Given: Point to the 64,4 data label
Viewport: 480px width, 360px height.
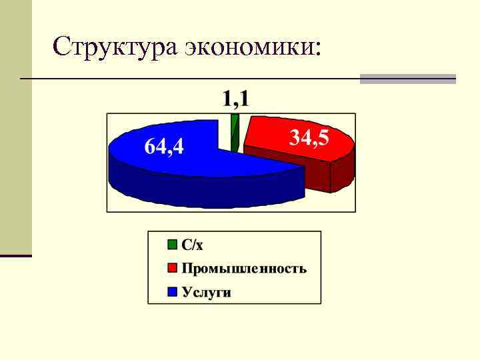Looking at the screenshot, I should tap(165, 146).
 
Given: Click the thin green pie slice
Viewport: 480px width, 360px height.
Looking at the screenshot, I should tap(234, 130).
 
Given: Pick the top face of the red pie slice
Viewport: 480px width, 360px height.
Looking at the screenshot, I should tap(280, 140).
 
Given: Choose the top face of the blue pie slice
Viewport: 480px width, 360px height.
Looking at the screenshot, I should tap(193, 160).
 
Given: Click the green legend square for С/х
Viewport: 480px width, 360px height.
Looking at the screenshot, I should tap(173, 245).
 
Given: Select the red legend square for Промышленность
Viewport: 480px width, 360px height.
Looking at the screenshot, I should tap(173, 268).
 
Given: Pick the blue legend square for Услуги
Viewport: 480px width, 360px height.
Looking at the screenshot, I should tap(173, 291).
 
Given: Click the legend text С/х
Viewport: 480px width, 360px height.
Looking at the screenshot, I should tap(193, 245).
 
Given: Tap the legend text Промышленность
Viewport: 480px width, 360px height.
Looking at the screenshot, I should tap(244, 268).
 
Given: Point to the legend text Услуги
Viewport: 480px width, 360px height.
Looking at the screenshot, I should tap(206, 292).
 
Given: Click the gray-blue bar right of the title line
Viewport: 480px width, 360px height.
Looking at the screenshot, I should tap(407, 79).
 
